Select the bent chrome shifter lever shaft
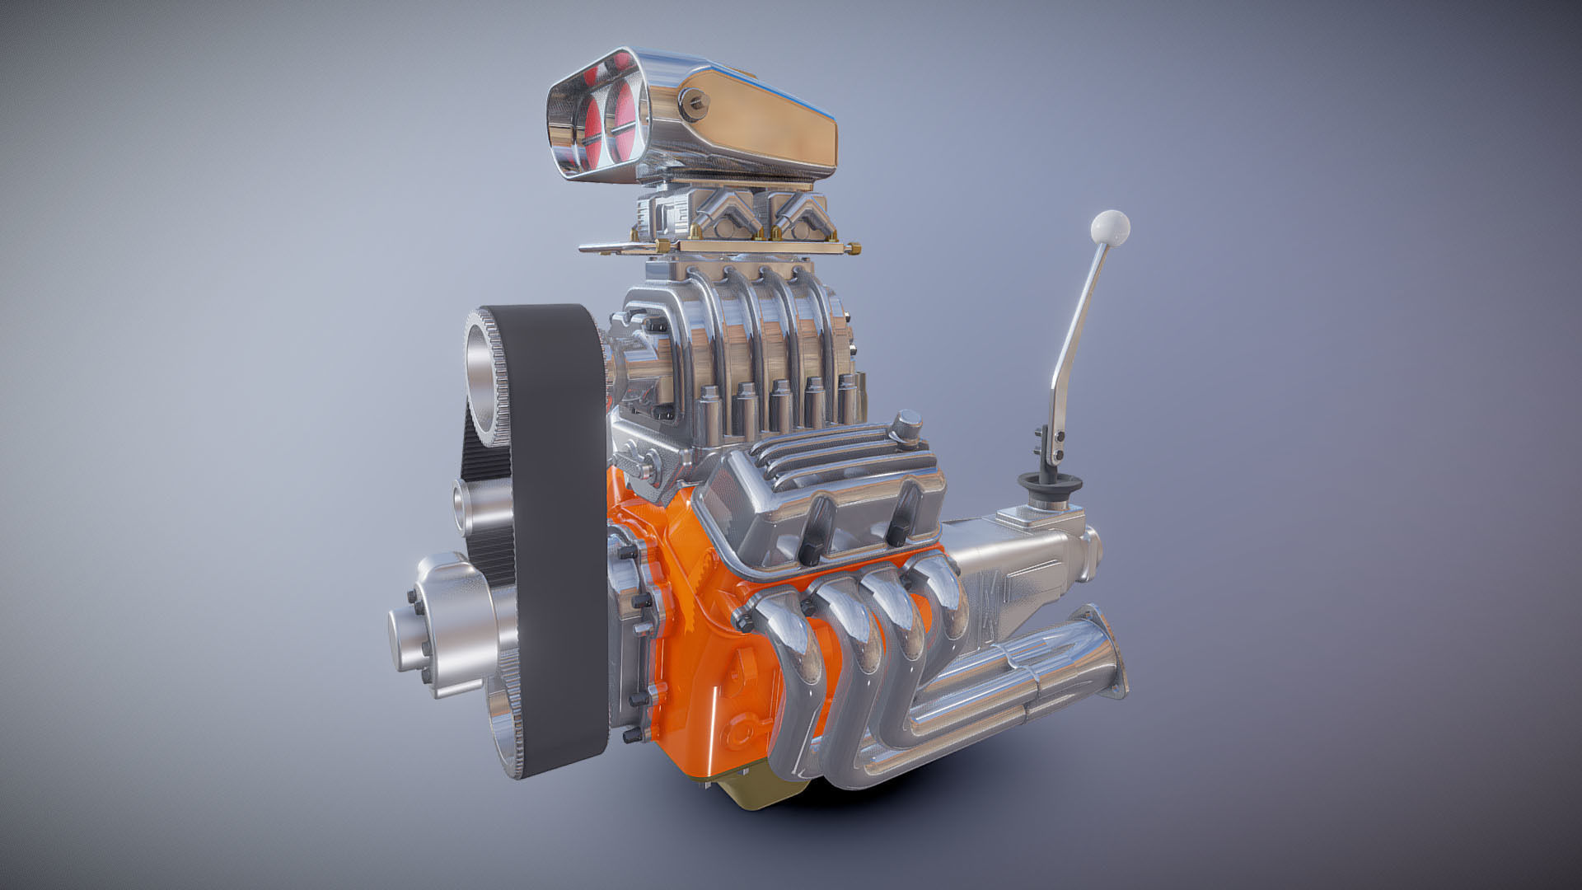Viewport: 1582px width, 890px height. tap(1079, 330)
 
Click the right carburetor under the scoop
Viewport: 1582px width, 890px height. tap(795, 216)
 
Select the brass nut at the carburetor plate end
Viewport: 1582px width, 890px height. tap(854, 247)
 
